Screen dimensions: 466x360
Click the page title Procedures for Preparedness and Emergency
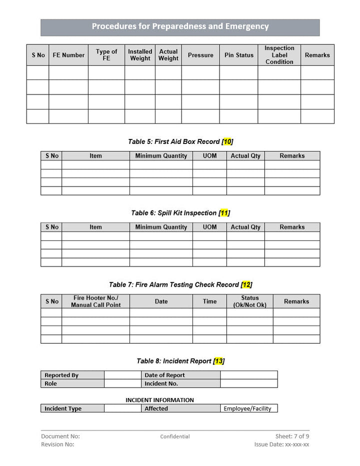click(x=180, y=27)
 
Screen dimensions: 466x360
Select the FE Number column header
click(x=68, y=55)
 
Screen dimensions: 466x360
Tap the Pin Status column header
click(x=238, y=55)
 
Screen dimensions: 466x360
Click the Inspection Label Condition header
click(x=279, y=55)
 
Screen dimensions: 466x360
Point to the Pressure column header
click(x=200, y=55)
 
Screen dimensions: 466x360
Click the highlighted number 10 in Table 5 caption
click(x=227, y=141)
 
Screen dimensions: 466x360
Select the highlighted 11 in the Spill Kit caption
click(x=224, y=213)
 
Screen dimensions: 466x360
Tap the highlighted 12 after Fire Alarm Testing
click(x=246, y=284)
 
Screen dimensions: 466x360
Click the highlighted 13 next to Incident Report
click(x=218, y=361)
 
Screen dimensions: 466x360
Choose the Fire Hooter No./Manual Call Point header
click(x=95, y=301)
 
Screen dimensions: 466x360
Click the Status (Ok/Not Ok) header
click(x=249, y=301)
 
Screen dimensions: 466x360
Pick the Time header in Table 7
click(x=209, y=301)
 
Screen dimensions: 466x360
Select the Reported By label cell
click(x=61, y=375)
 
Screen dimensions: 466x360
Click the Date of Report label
click(x=164, y=375)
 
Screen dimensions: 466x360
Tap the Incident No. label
click(x=161, y=384)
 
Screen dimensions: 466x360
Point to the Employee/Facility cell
click(x=247, y=408)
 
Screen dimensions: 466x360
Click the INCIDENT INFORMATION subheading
click(x=159, y=400)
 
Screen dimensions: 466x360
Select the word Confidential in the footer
click(x=175, y=436)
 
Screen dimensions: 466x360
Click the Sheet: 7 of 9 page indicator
click(x=292, y=436)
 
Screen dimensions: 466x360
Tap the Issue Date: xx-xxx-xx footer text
click(x=281, y=444)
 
